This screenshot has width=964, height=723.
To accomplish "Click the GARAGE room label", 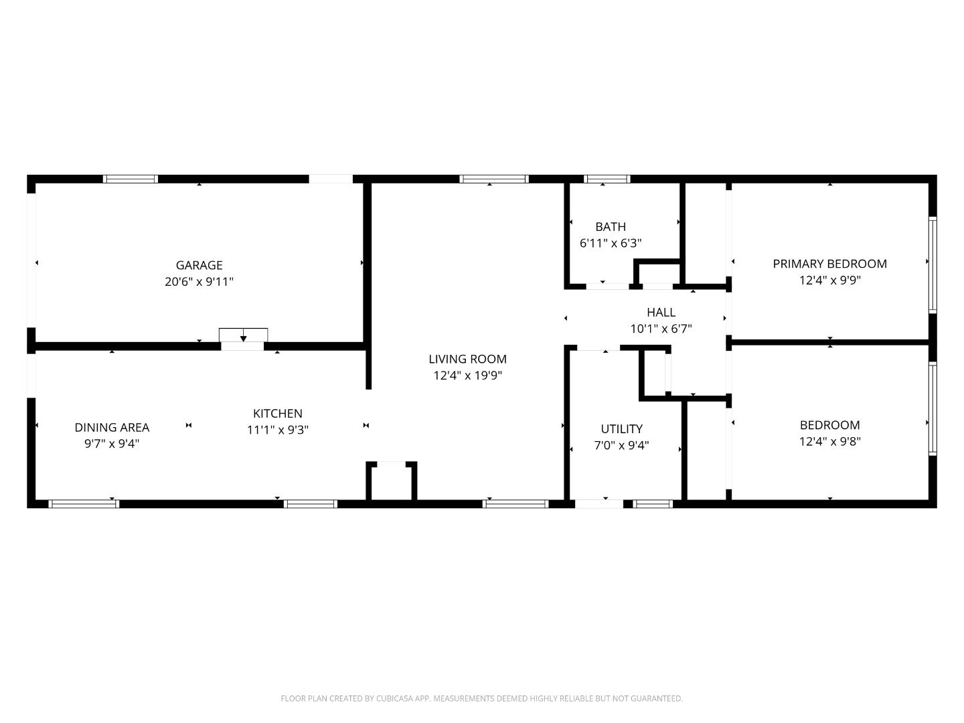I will point(199,265).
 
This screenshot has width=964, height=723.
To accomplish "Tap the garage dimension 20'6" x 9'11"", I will point(199,282).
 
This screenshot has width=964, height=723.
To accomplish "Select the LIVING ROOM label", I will point(467,359).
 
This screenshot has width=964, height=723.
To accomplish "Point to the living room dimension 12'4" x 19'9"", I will point(467,376).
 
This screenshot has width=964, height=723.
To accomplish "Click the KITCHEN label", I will point(277,414).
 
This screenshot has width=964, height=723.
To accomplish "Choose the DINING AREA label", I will point(112,427).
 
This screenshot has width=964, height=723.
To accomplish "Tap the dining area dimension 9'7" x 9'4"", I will point(112,443).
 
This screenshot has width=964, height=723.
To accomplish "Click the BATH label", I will point(610,226).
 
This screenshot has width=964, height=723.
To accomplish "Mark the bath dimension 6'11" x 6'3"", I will point(610,243).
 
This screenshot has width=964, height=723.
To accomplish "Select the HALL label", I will point(661,312).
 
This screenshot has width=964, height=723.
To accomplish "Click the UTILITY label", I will point(621,428).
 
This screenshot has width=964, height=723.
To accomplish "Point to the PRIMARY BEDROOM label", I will point(829,264).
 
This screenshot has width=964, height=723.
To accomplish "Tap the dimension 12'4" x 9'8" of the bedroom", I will point(829,441).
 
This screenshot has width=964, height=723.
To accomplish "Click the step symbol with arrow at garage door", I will point(243,335).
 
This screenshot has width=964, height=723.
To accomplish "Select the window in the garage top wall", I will point(131,179).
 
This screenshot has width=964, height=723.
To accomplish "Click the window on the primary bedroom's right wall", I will point(933,264).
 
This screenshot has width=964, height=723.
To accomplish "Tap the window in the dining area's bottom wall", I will point(84,503).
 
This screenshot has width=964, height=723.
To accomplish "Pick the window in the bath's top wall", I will point(607,179).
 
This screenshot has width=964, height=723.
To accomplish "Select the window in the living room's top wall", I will point(494,179).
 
